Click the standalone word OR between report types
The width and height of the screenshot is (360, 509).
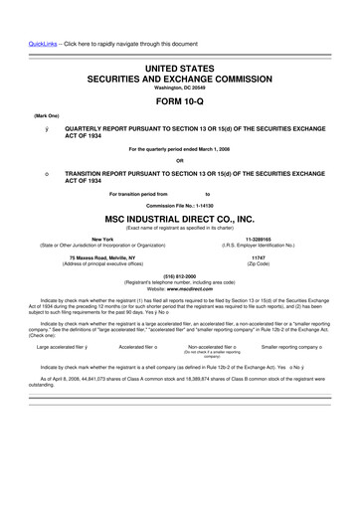click(179, 160)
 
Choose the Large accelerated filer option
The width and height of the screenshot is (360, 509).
click(62, 347)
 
